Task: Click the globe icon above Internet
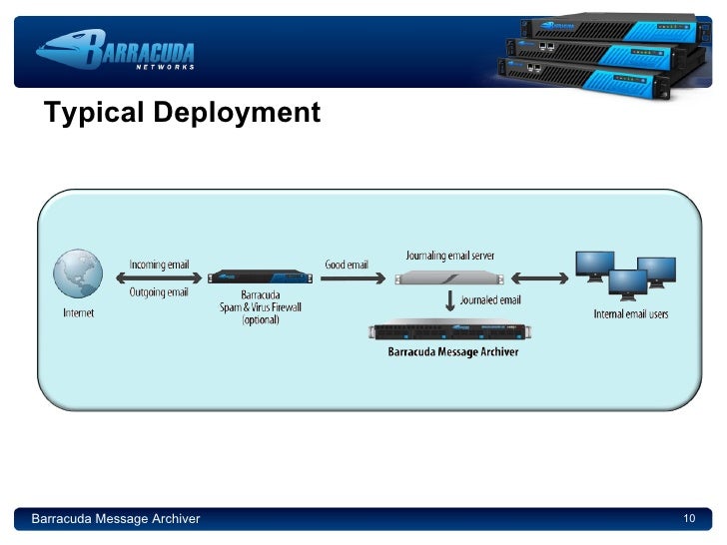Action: pyautogui.click(x=78, y=274)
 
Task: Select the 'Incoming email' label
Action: pyautogui.click(x=158, y=265)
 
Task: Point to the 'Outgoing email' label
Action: pyautogui.click(x=158, y=291)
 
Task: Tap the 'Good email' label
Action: pyautogui.click(x=347, y=265)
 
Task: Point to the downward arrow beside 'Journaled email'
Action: pyautogui.click(x=450, y=300)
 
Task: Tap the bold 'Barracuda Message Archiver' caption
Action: pyautogui.click(x=452, y=351)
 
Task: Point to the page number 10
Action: pyautogui.click(x=688, y=518)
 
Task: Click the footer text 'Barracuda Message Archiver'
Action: pyautogui.click(x=116, y=519)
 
